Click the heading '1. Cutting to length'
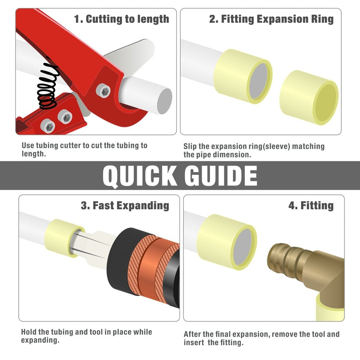coord(121,19)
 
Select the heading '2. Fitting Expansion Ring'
coord(271,19)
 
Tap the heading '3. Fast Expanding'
coord(125,206)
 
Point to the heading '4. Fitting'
coord(310,206)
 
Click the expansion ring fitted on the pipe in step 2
coord(243,76)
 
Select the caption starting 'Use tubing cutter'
coord(84,149)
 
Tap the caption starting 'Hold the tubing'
coord(86,336)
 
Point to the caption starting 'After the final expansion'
coord(261,338)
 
